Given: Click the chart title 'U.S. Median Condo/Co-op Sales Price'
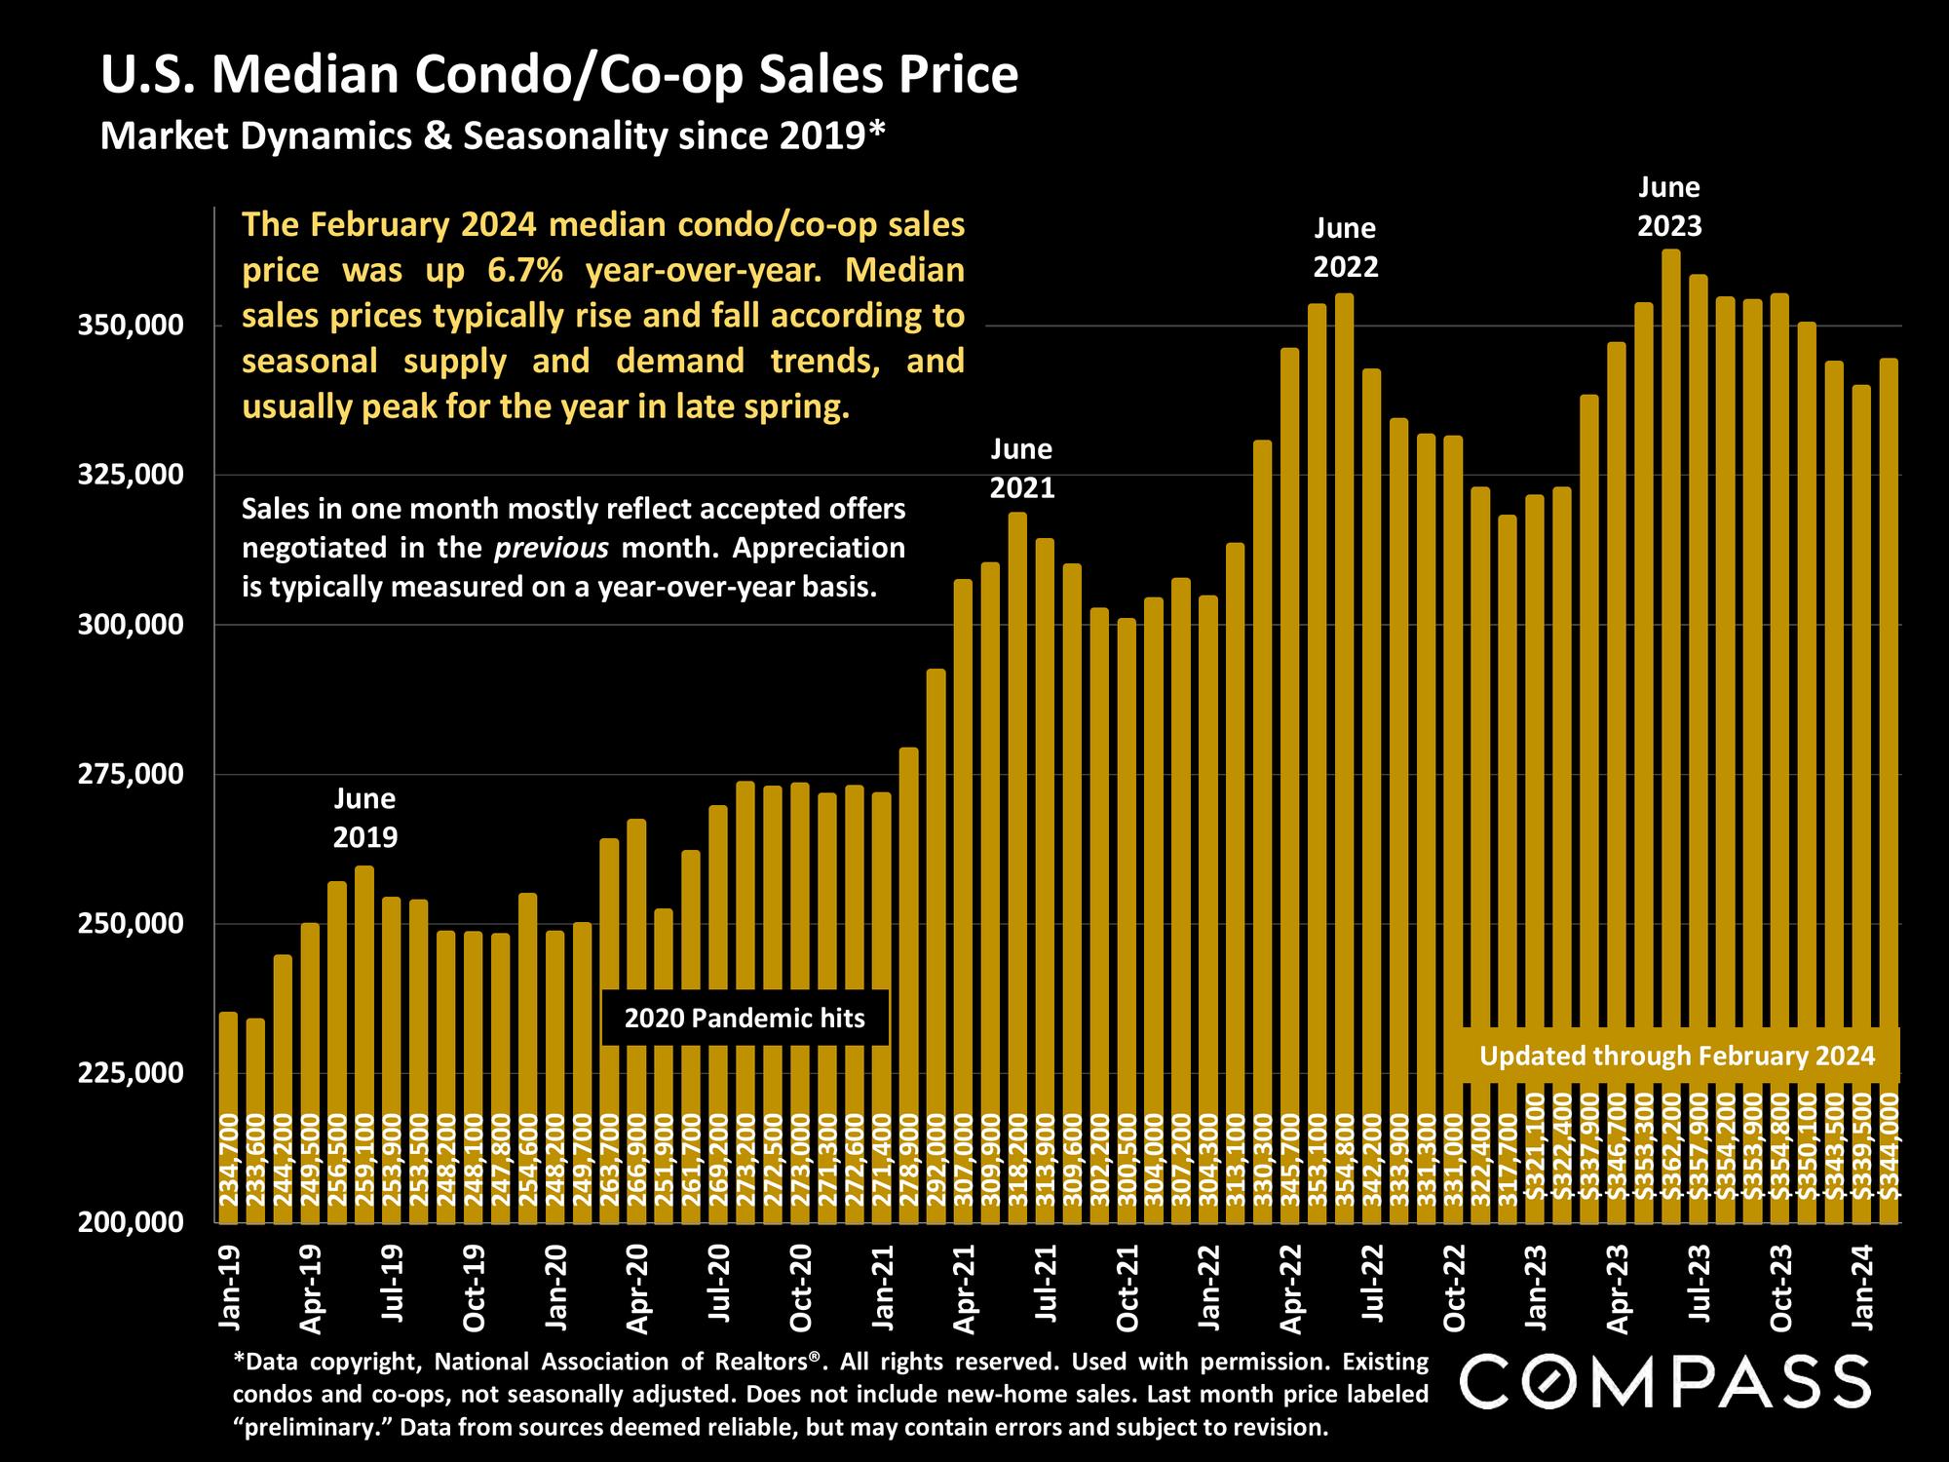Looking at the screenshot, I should (x=559, y=76).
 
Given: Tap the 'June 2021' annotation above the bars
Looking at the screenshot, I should (x=1022, y=468).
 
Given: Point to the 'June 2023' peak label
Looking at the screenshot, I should (x=1669, y=207).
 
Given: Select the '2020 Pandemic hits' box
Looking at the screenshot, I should (x=745, y=1019).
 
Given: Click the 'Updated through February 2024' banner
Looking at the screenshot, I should (x=1677, y=1057).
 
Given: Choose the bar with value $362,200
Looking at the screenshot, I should (x=1670, y=682).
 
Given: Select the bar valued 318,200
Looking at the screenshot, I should (x=1017, y=828).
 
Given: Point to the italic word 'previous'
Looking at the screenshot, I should (x=552, y=548).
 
